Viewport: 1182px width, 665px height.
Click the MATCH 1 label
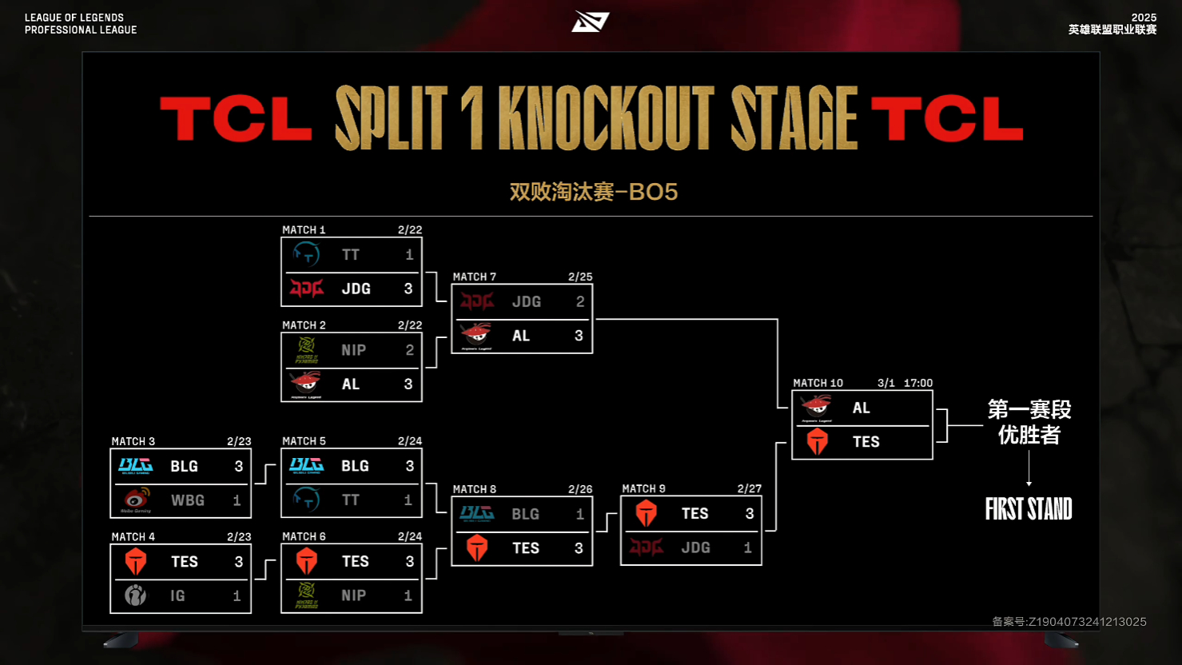[304, 230]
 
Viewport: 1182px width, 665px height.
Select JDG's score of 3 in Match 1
[408, 289]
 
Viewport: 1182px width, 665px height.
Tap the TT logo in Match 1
[306, 255]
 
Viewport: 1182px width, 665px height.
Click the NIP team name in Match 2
[353, 350]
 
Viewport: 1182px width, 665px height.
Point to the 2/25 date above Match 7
[580, 277]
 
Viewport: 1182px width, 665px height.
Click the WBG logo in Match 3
[136, 500]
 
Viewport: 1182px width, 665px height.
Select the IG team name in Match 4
[177, 595]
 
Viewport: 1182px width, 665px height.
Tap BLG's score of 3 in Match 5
[409, 466]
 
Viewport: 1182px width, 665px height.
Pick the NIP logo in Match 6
[306, 595]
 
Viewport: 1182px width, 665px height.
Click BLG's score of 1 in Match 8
[580, 514]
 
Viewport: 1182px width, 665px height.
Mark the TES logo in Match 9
[647, 513]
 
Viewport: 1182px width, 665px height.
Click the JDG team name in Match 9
[695, 548]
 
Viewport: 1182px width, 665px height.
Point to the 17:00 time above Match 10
[918, 384]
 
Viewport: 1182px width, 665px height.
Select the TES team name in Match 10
[866, 442]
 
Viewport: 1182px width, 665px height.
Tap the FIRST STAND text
[1029, 509]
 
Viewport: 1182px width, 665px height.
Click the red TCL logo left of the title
[236, 119]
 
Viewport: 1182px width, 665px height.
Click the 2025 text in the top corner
[1144, 18]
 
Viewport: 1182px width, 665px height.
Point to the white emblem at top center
[591, 22]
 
